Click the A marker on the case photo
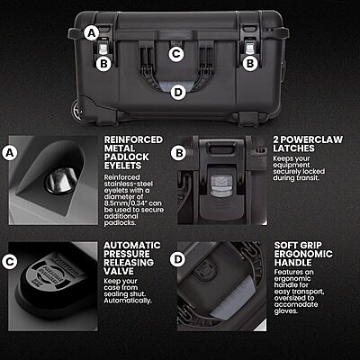90,32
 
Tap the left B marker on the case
103,63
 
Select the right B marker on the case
252,63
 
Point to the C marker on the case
176,53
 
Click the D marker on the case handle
177,91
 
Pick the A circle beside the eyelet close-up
11,153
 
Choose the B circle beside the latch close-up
179,153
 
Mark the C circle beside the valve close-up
11,261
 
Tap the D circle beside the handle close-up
179,261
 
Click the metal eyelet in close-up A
60,182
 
